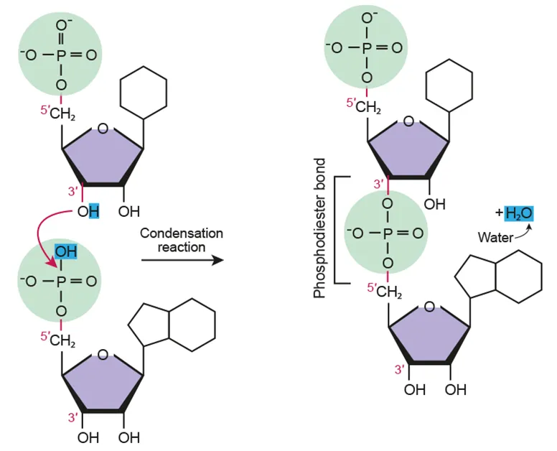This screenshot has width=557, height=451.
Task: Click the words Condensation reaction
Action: pos(182,240)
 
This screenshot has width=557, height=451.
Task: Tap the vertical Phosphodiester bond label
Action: pos(320,229)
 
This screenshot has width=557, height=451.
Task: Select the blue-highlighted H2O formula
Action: pos(518,213)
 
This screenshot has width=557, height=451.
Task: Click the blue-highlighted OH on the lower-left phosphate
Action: pos(66,251)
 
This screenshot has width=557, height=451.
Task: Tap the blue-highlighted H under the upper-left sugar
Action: pos(94,212)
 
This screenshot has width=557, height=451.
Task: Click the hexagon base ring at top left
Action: pos(143,92)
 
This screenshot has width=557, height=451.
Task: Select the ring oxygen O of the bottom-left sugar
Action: pos(103,354)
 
